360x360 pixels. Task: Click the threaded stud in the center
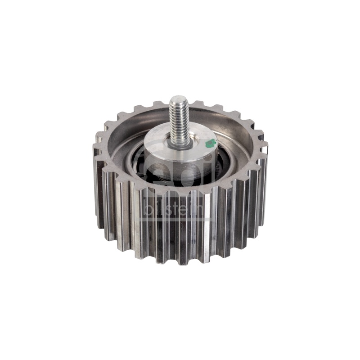(x=179, y=121)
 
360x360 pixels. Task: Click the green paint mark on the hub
(x=211, y=144)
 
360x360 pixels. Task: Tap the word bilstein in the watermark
(x=173, y=209)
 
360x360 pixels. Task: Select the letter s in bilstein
(x=169, y=211)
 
